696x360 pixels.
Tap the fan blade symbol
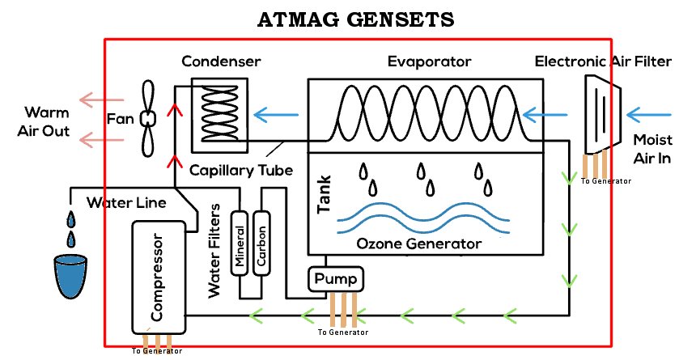148,118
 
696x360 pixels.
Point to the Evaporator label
429,61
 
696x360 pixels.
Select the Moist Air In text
651,149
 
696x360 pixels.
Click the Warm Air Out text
46,121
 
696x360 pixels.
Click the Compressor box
159,275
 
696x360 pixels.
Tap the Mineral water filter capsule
240,243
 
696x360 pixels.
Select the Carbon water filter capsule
261,243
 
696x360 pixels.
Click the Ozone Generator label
418,244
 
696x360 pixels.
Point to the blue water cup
69,276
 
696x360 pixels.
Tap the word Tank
324,197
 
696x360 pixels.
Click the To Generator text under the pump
342,332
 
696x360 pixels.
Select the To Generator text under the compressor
156,351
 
